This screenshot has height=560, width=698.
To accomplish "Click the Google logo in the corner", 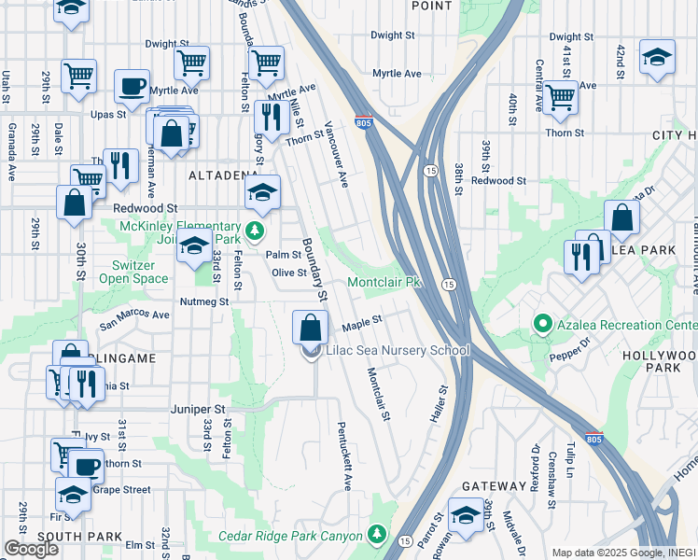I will tap(30, 549).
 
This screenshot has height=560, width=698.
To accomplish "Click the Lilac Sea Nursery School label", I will tap(396, 351).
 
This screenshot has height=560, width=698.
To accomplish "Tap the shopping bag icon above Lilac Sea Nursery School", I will tap(311, 329).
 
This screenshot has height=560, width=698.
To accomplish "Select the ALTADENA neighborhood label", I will tap(222, 175).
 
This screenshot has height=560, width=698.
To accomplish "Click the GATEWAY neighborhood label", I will tap(494, 486).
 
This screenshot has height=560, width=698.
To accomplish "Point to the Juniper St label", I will tap(199, 409).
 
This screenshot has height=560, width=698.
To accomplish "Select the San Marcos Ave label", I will tap(135, 315).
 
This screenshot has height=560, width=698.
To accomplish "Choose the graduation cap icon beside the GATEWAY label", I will tap(465, 516).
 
